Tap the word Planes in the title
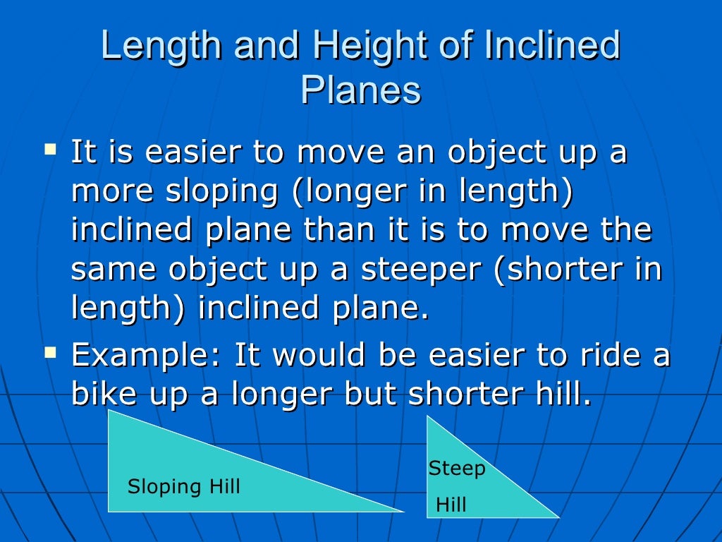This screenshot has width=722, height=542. pos(360,90)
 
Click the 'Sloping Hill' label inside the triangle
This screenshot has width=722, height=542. pos(183,486)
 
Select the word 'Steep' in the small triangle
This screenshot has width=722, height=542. pos(457,468)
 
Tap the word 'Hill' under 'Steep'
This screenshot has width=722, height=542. pos(451,505)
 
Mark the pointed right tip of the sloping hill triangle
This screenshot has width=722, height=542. pos(403,511)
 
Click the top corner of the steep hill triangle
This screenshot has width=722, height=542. pos(428,416)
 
